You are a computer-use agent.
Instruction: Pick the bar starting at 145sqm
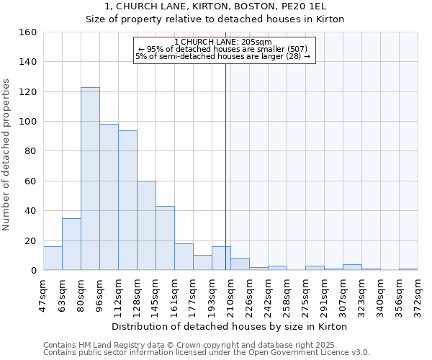pyautogui.click(x=165, y=238)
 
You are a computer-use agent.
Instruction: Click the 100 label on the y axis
pyautogui.click(x=28, y=122)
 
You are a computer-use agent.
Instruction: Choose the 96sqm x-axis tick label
pyautogui.click(x=99, y=293)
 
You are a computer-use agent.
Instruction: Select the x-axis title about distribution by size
pyautogui.click(x=230, y=326)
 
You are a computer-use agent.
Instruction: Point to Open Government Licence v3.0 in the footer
pyautogui.click(x=317, y=352)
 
